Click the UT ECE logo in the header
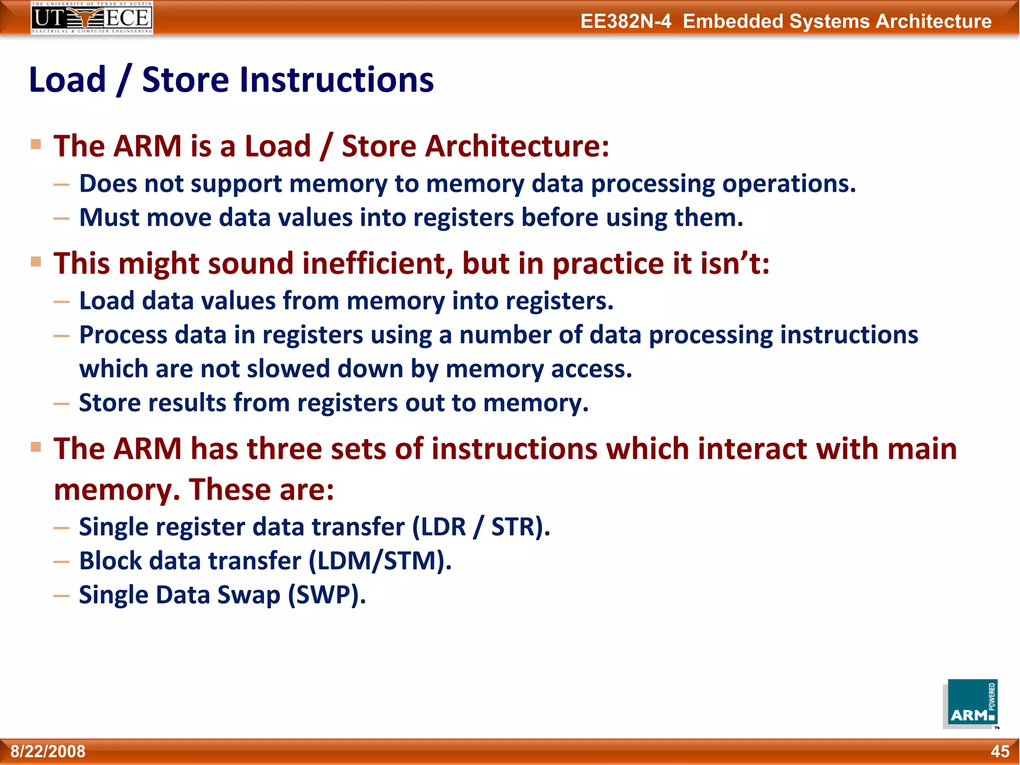[x=92, y=18]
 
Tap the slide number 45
[x=1000, y=751]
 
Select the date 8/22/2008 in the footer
[x=48, y=751]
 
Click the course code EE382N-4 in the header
[x=626, y=21]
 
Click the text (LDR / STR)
[x=481, y=527]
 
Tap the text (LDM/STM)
[x=380, y=561]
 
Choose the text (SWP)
[x=327, y=595]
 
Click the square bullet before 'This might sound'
[x=36, y=261]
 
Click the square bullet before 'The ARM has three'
[x=36, y=446]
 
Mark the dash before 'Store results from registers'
[x=61, y=403]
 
